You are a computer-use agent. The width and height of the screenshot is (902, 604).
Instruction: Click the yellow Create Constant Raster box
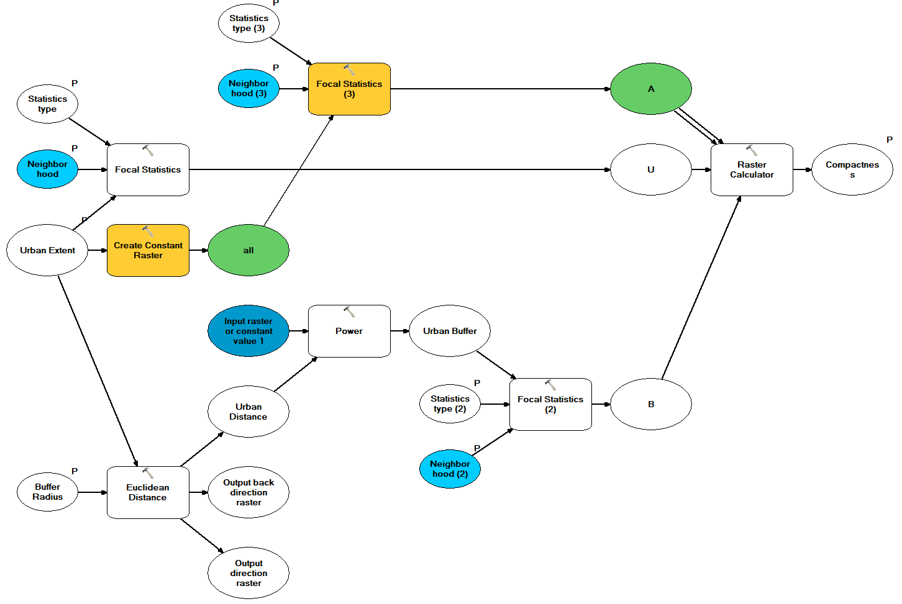click(148, 250)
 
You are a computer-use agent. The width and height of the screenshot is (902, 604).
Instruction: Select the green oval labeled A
click(650, 89)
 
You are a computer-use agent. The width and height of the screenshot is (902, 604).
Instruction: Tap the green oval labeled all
click(248, 250)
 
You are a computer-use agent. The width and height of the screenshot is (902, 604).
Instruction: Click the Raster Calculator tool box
click(751, 169)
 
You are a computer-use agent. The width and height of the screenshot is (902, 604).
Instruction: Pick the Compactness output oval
click(852, 169)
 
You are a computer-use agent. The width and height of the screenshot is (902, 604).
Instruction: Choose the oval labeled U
click(650, 169)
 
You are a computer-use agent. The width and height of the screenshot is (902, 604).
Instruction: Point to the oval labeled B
click(650, 404)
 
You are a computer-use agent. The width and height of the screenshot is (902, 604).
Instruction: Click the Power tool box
click(349, 331)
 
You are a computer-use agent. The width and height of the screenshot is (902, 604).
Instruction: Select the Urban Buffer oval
click(450, 331)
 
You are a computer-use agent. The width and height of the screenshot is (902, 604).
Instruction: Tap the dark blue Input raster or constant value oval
click(248, 331)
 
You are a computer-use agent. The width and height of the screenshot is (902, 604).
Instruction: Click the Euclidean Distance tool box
click(148, 492)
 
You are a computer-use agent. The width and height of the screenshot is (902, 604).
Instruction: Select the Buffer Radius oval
click(47, 492)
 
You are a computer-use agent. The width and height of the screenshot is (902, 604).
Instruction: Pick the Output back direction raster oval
click(248, 492)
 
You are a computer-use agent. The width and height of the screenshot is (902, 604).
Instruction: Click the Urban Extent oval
click(47, 250)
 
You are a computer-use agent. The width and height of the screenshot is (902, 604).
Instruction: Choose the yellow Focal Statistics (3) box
click(349, 89)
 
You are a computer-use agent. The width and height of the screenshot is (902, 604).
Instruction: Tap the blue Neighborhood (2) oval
click(450, 469)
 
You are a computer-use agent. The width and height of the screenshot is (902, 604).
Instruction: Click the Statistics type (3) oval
click(248, 24)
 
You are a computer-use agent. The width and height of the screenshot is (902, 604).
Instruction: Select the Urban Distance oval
click(248, 412)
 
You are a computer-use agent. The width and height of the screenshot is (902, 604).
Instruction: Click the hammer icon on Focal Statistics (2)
click(550, 385)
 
